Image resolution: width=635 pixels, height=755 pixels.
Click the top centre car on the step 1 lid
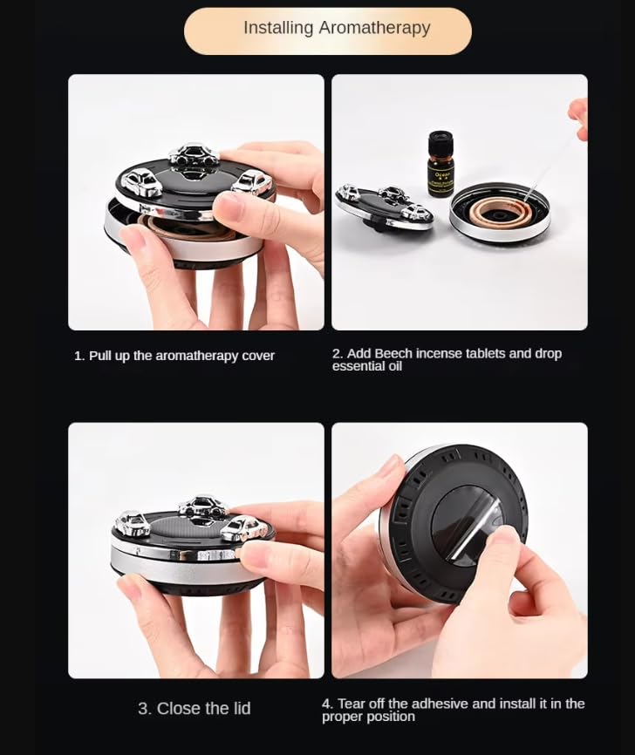pyautogui.click(x=195, y=157)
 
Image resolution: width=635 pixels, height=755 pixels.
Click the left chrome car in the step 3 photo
pyautogui.click(x=133, y=523)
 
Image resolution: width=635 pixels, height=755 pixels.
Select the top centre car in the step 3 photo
pyautogui.click(x=201, y=507)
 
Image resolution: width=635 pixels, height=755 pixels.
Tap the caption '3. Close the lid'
pyautogui.click(x=195, y=709)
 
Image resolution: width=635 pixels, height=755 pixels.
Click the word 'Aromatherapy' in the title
pyautogui.click(x=374, y=28)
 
